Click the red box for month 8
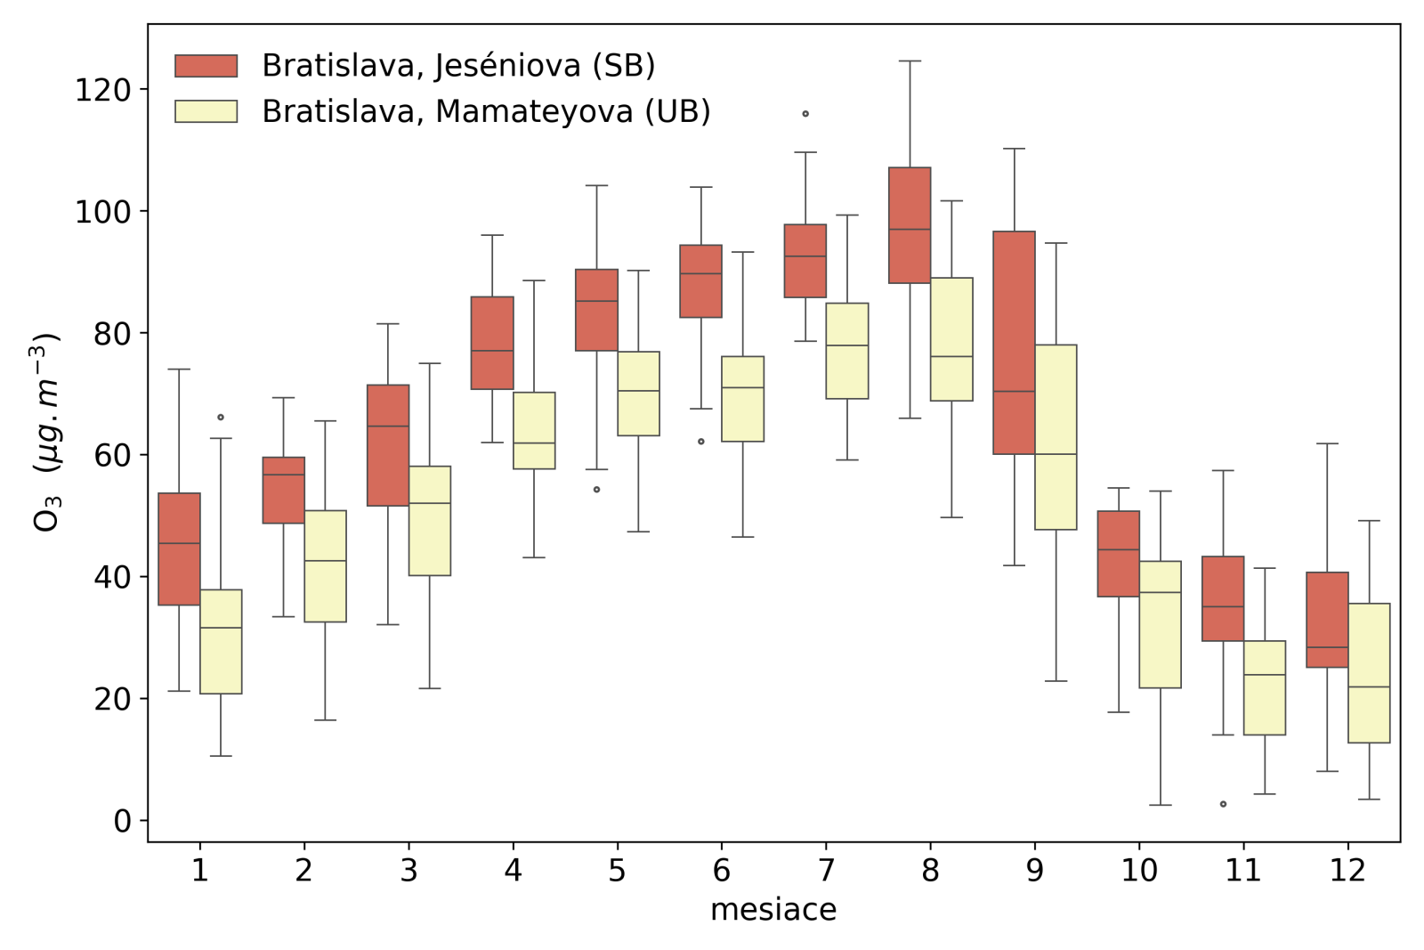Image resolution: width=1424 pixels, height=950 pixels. pos(910,225)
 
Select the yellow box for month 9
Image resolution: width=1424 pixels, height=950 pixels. pos(1056,437)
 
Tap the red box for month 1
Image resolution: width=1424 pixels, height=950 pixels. pos(179,549)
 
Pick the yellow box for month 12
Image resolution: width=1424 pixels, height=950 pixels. pos(1369,673)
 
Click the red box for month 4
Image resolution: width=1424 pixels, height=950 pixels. pos(492,343)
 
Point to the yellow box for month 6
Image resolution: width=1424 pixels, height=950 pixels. pos(742,399)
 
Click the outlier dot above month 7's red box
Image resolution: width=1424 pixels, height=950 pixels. pos(805,114)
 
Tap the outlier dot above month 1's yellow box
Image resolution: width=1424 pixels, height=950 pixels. pos(221,418)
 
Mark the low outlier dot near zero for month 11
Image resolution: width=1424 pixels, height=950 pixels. pos(1223,804)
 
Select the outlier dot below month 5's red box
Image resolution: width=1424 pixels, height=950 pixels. pos(596,490)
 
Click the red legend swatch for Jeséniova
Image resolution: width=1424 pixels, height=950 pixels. pos(206,66)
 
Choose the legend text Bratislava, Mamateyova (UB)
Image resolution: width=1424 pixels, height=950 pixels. pos(486,111)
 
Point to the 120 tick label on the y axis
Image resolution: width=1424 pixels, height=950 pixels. pos(102,90)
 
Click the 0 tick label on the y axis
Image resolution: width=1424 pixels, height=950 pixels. pos(122,821)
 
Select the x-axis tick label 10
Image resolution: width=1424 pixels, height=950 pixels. pos(1138,870)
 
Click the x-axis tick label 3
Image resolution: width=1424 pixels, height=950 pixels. pos(409,870)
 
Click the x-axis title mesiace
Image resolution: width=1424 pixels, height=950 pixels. pos(773,910)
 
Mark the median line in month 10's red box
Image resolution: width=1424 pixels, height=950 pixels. pos(1118,549)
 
